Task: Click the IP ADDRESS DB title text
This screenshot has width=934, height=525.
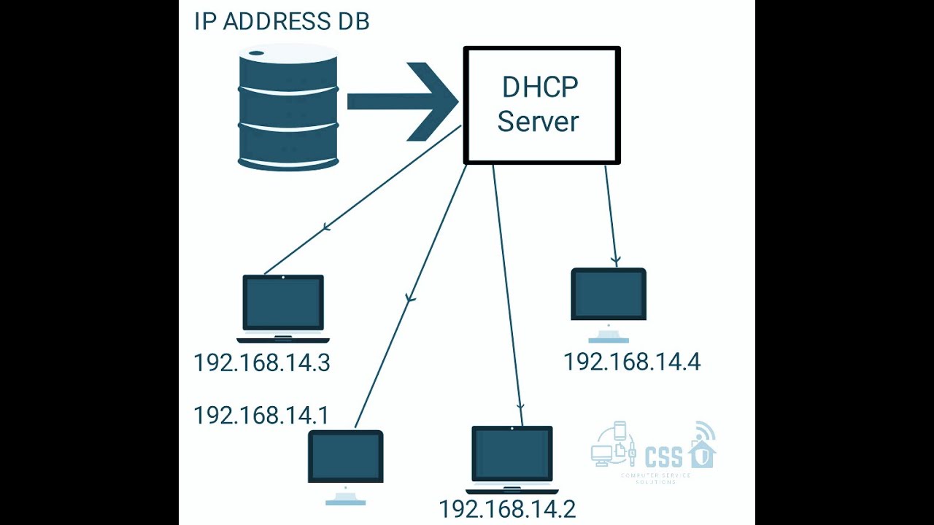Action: coord(282,21)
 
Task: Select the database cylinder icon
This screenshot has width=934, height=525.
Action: coord(287,107)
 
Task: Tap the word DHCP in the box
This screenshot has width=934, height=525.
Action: coord(540,87)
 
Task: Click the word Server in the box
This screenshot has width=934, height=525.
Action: coord(539,121)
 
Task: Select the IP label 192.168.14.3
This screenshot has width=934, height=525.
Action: coord(262,363)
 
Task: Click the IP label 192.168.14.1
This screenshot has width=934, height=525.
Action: coord(260,416)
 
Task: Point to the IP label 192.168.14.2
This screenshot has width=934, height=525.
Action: coord(507,509)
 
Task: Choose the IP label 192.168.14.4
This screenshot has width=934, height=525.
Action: coord(632,362)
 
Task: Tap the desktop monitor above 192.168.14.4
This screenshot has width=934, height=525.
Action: coord(609,295)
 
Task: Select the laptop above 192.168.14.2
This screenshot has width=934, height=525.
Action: coord(512,457)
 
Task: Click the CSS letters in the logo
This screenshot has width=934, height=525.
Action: coord(663,457)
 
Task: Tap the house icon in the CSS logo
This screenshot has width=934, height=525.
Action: coord(702,451)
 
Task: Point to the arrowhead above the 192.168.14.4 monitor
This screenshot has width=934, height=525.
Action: coord(616,260)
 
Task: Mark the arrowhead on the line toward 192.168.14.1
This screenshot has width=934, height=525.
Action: coord(410,297)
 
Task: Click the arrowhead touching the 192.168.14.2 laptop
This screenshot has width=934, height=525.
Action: coord(520,408)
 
